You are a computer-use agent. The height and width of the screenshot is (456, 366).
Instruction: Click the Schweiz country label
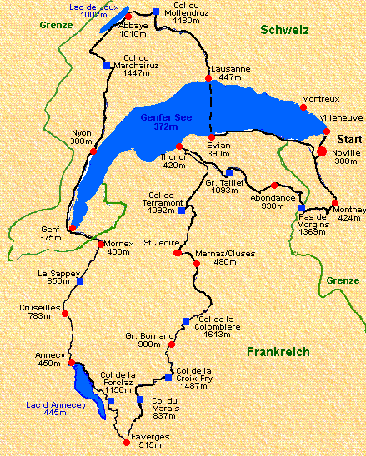coord(284,30)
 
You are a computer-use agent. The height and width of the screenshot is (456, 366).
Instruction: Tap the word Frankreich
coord(278,352)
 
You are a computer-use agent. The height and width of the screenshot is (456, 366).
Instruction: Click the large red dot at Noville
coord(322,151)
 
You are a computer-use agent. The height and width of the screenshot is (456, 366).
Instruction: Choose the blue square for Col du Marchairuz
coord(106,66)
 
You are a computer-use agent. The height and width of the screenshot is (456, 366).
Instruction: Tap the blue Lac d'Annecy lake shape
coord(87,391)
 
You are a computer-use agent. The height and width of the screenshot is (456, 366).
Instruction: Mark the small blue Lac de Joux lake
coord(111,21)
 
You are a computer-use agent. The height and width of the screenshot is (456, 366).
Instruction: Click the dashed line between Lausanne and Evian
coord(210,108)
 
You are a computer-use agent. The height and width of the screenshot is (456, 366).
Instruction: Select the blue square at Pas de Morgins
coord(302,209)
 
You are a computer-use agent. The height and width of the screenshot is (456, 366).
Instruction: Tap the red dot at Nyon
coord(93,151)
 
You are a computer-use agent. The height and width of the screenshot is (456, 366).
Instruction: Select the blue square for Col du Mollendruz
coord(156,11)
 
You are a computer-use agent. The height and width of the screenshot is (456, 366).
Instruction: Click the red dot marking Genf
coord(73,227)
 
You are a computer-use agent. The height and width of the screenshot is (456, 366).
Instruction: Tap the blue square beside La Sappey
coord(80,281)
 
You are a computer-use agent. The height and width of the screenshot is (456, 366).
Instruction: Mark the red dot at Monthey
coord(335,203)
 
